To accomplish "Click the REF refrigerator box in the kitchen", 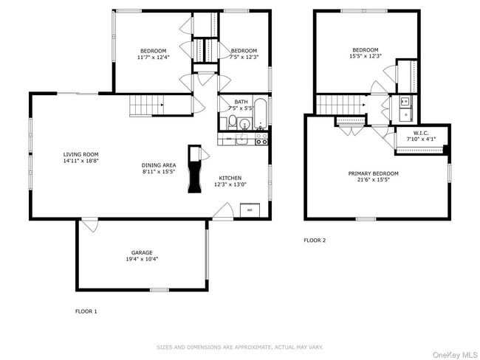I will [250, 210].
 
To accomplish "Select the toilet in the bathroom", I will [232, 122].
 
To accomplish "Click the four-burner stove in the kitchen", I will [261, 139].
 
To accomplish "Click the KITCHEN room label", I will [230, 178].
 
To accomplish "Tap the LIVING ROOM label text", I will [80, 153].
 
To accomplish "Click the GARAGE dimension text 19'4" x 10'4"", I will [142, 259].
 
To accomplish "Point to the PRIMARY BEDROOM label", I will [373, 173].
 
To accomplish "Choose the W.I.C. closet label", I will [410, 134].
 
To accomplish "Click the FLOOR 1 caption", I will [86, 311].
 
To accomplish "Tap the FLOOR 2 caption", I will [315, 240].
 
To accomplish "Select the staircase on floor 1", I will [146, 106].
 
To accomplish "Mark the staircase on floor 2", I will [341, 105].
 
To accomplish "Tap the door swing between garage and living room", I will [89, 225].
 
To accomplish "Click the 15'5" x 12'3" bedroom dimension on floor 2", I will [365, 56].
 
